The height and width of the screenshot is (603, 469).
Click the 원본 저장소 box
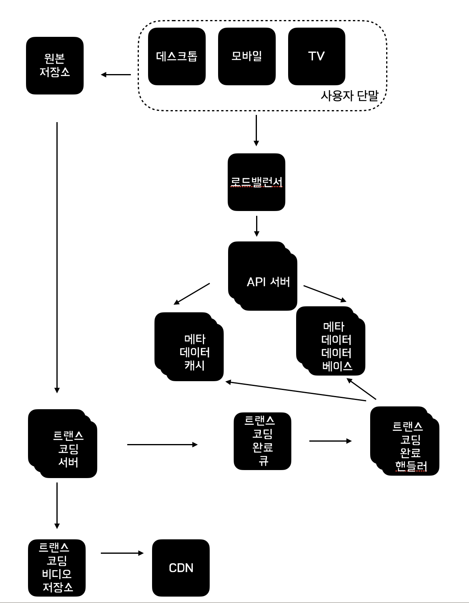tap(55, 66)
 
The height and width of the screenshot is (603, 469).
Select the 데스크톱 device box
tap(176, 56)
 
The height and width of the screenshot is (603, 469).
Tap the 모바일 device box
tap(247, 56)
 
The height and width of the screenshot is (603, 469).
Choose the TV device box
tap(317, 56)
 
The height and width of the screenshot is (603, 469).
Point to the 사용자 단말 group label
tap(349, 96)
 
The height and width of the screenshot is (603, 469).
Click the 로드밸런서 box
tap(257, 182)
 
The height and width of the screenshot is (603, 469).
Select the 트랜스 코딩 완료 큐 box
tap(263, 441)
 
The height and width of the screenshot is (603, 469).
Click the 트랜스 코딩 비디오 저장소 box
tap(57, 568)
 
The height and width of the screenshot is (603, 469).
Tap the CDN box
tap(181, 568)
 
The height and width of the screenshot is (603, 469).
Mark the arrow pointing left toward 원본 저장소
tap(116, 74)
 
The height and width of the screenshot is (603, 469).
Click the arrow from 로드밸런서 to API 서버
tap(257, 226)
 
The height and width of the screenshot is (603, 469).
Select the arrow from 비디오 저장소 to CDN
tap(122, 553)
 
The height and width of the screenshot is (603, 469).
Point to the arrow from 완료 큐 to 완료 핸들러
tap(331, 441)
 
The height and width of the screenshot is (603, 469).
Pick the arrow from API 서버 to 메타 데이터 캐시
tap(192, 294)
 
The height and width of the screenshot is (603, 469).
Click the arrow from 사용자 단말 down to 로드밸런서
tap(256, 131)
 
